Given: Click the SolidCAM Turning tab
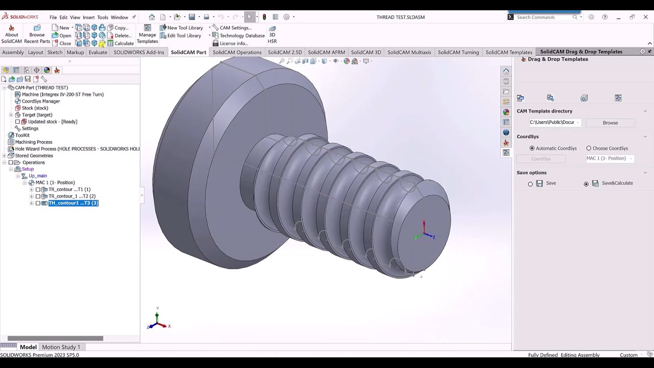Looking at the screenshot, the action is tap(458, 52).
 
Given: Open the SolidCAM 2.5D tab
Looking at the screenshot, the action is tap(285, 52).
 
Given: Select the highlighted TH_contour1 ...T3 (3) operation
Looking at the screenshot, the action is tap(73, 203).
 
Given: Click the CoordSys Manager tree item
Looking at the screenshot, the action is tap(41, 101).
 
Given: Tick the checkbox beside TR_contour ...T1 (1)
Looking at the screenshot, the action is tap(38, 190).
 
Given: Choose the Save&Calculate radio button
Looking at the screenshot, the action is tap(586, 184).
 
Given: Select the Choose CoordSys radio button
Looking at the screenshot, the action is tap(589, 148).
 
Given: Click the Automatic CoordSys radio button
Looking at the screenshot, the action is tap(532, 148).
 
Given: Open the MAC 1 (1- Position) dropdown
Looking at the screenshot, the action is tap(610, 158).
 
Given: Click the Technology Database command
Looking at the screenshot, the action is tap(242, 36).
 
